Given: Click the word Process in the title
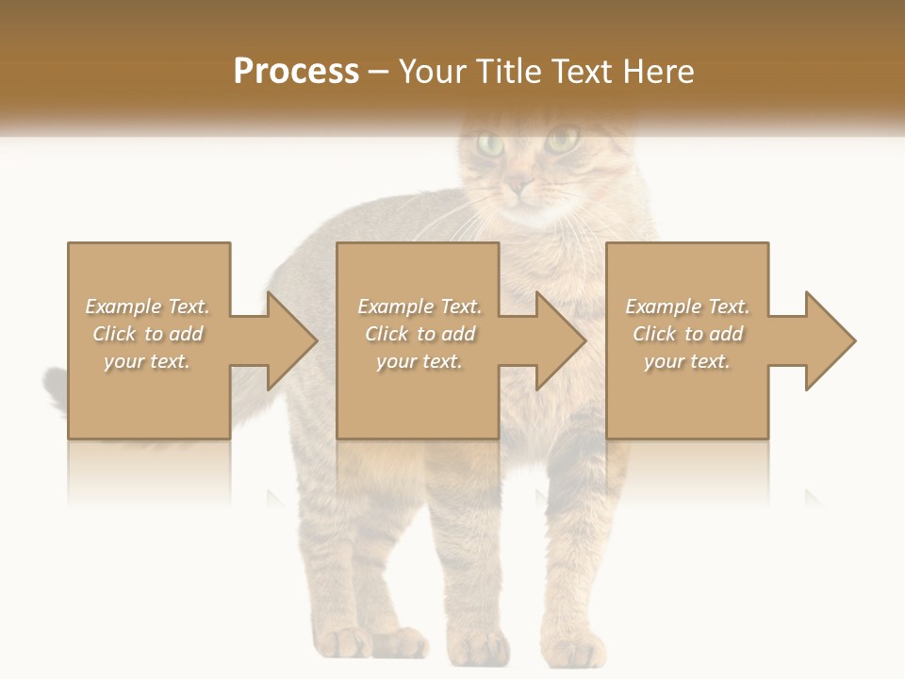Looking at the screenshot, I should click(296, 72).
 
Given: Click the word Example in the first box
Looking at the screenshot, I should click(123, 306).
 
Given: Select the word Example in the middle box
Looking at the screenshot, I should click(394, 306).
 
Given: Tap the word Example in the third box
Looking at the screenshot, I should click(662, 306).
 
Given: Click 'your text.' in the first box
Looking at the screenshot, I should click(147, 361).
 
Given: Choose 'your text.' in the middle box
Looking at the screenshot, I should click(419, 361).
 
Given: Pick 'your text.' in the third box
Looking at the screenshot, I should click(687, 361).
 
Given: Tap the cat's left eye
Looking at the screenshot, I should click(490, 144).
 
